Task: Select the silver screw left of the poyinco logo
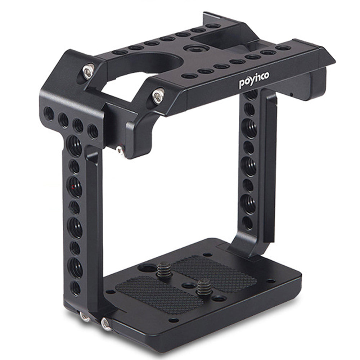(x=158, y=95)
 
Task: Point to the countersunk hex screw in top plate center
(x=195, y=48)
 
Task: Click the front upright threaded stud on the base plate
(x=202, y=288)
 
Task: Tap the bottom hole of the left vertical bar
(x=75, y=288)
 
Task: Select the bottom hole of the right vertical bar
(x=248, y=223)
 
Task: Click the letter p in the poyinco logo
(x=242, y=84)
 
